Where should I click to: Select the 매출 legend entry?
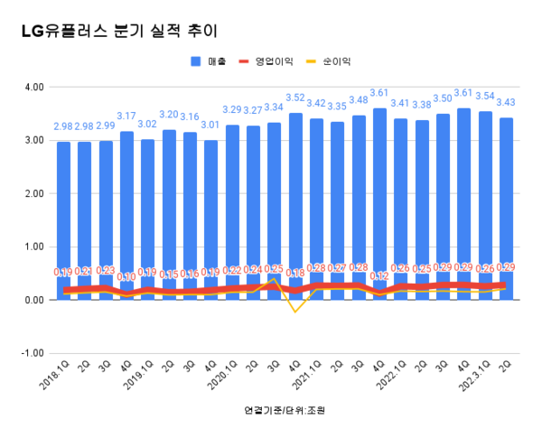pos(210,61)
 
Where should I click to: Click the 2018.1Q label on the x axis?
pos(56,374)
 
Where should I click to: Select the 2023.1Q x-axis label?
pos(471,374)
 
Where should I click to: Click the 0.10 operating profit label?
pos(126,277)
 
